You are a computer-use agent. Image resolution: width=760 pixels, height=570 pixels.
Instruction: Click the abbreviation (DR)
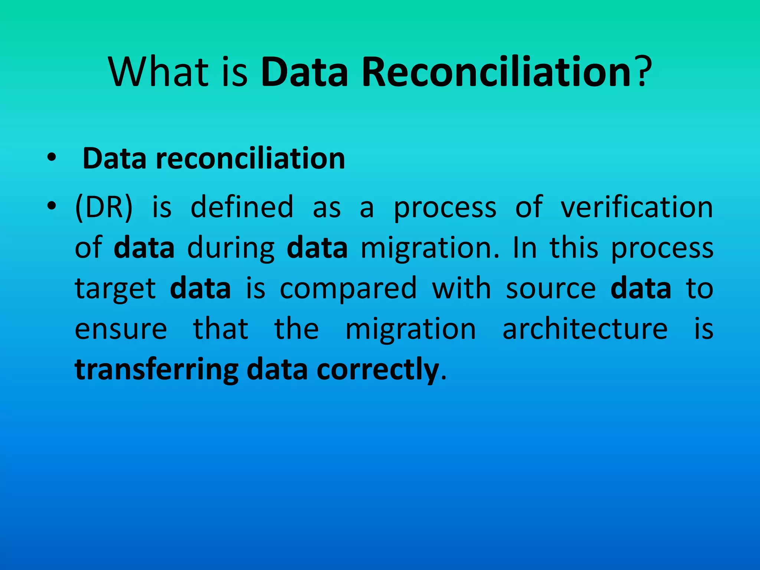click(104, 207)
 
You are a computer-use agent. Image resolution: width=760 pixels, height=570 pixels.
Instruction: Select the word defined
click(242, 207)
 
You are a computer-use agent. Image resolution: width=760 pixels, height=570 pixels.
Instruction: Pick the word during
click(231, 248)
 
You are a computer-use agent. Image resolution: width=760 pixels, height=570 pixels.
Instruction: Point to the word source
click(551, 289)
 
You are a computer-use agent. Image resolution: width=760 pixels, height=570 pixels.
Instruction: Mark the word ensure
click(121, 330)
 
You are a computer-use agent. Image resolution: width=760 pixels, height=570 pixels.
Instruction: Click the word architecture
click(585, 329)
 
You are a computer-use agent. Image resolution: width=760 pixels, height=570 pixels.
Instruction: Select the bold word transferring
click(157, 370)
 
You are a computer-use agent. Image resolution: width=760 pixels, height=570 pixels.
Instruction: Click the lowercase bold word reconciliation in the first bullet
click(250, 159)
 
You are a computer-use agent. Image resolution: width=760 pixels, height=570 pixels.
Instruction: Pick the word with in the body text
click(462, 288)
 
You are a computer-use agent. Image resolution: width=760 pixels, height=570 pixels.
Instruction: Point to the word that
click(221, 329)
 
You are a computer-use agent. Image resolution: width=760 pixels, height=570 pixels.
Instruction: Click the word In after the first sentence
click(525, 248)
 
